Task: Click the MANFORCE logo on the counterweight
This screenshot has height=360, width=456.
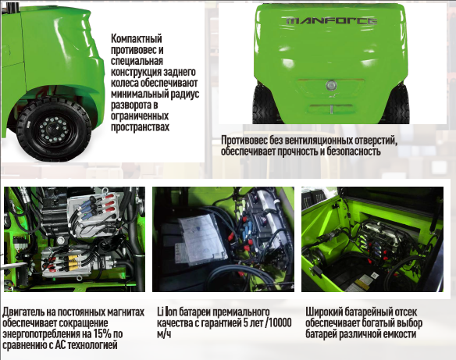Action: click(x=332, y=21)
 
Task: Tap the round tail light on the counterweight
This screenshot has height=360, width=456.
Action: click(x=331, y=85)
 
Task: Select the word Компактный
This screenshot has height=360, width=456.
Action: click(x=136, y=39)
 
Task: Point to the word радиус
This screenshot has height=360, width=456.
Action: click(x=185, y=94)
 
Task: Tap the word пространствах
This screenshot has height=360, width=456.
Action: click(x=140, y=127)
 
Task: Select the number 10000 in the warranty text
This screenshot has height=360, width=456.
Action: click(x=279, y=323)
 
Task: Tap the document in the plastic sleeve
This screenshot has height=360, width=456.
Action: click(x=201, y=239)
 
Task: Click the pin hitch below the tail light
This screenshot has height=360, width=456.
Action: click(x=331, y=109)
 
